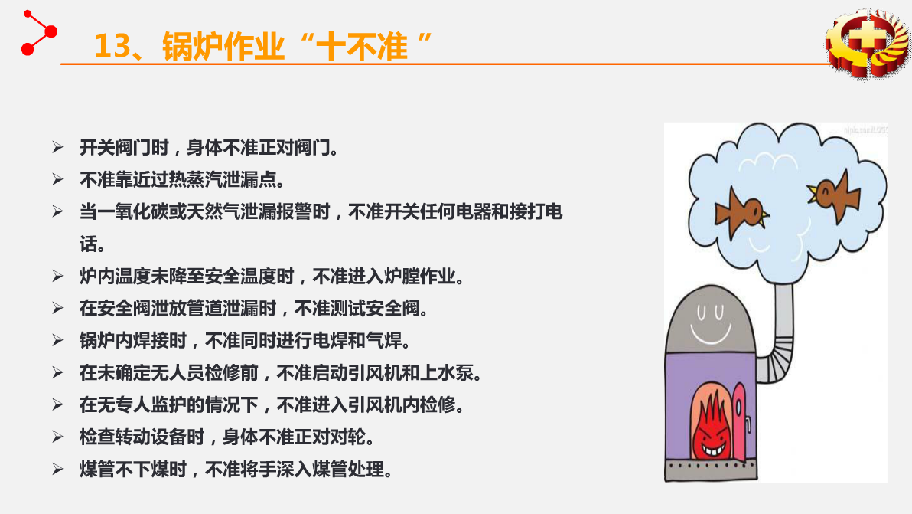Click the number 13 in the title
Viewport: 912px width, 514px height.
112,46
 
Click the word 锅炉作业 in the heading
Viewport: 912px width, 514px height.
223,46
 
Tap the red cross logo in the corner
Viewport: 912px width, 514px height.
868,44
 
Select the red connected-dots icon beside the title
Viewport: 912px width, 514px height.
38,33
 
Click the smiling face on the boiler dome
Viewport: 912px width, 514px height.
710,323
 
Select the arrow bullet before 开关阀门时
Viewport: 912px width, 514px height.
57,147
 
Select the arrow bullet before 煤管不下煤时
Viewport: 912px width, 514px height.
57,469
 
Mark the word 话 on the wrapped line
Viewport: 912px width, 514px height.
89,244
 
